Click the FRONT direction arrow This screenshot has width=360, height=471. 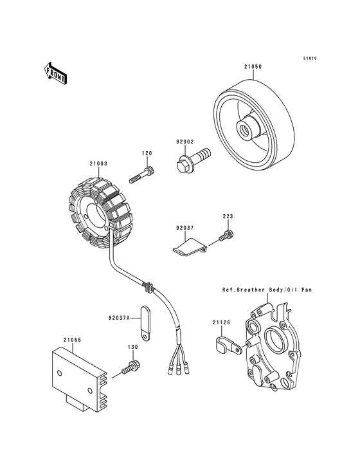click(x=55, y=73)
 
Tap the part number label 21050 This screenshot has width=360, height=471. click(x=253, y=67)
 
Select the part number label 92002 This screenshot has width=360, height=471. click(x=184, y=142)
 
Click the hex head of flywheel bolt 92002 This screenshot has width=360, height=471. click(x=181, y=167)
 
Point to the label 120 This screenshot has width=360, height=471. click(x=147, y=153)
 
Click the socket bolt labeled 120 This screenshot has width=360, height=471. click(x=142, y=176)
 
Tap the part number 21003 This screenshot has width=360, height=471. click(x=98, y=163)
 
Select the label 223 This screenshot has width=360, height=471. click(x=228, y=216)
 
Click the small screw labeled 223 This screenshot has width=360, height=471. click(x=226, y=235)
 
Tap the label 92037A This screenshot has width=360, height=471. click(x=119, y=317)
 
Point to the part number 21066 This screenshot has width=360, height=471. click(x=72, y=340)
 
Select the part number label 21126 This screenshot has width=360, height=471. click(x=221, y=322)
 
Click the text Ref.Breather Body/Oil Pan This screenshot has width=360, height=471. click(x=267, y=290)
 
